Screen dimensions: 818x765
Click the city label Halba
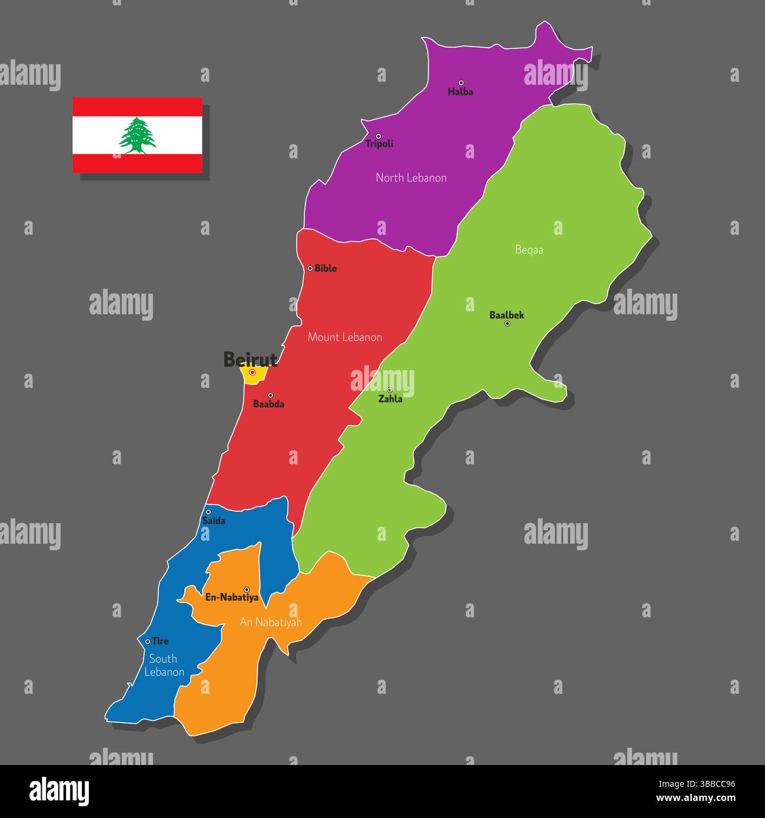(x=460, y=92)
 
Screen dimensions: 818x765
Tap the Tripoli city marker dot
(x=378, y=136)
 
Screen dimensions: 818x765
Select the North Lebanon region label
(x=411, y=178)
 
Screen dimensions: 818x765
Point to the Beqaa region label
(x=529, y=250)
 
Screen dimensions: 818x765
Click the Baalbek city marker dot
(x=507, y=323)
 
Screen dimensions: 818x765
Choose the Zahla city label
(x=390, y=399)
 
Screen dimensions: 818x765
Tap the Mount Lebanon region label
(x=345, y=337)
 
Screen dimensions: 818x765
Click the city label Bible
(x=325, y=268)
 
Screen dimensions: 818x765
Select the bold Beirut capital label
(x=250, y=359)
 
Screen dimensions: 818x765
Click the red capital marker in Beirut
(x=252, y=372)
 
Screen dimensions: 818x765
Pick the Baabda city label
(x=268, y=404)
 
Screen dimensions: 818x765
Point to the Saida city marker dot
(x=208, y=512)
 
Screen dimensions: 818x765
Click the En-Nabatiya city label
(x=232, y=597)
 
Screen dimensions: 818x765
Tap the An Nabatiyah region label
(x=271, y=622)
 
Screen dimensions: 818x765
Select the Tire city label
(x=160, y=641)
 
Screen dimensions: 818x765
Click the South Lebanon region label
(x=164, y=666)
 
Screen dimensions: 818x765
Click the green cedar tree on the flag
(x=138, y=135)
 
